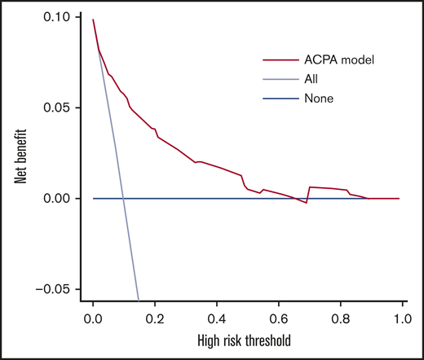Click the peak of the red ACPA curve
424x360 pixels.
tap(93, 19)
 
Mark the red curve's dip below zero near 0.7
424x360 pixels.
tap(307, 203)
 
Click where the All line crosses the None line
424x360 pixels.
tap(122, 199)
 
